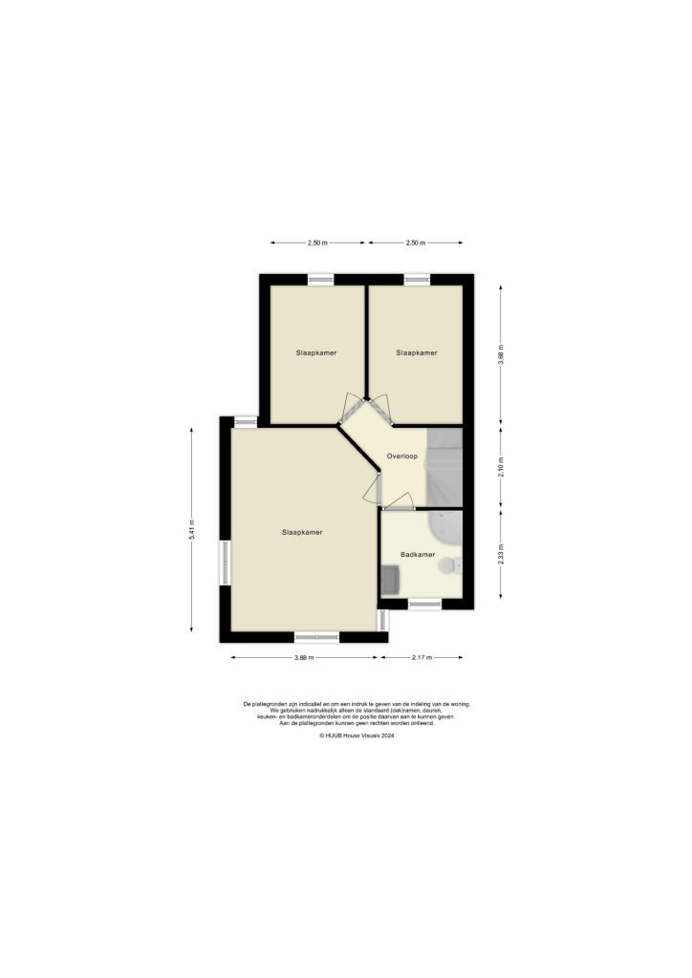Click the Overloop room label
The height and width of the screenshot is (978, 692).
pos(401,457)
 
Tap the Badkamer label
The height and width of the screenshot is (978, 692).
pos(418,554)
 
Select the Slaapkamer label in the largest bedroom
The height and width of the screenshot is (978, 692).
pos(301,532)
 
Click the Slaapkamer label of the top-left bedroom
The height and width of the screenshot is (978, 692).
pos(315,352)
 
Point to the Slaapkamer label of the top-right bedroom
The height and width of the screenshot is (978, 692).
pos(417,352)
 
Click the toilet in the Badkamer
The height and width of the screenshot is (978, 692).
pos(448,566)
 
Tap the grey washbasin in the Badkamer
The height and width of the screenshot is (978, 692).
pos(390,579)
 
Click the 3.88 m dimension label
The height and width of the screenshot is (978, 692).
pos(302,657)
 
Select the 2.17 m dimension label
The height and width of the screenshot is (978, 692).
pos(422,657)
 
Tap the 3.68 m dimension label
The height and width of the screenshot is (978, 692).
pos(501,354)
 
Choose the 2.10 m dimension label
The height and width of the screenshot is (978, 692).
pos(501,466)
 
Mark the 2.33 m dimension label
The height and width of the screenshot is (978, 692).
pos(501,554)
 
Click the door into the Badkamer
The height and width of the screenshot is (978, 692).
pos(397,502)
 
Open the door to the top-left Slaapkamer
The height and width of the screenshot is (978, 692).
pos(352,409)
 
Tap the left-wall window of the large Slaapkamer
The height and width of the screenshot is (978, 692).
pos(226,563)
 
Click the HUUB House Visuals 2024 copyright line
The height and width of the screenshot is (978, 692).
pos(357,735)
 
